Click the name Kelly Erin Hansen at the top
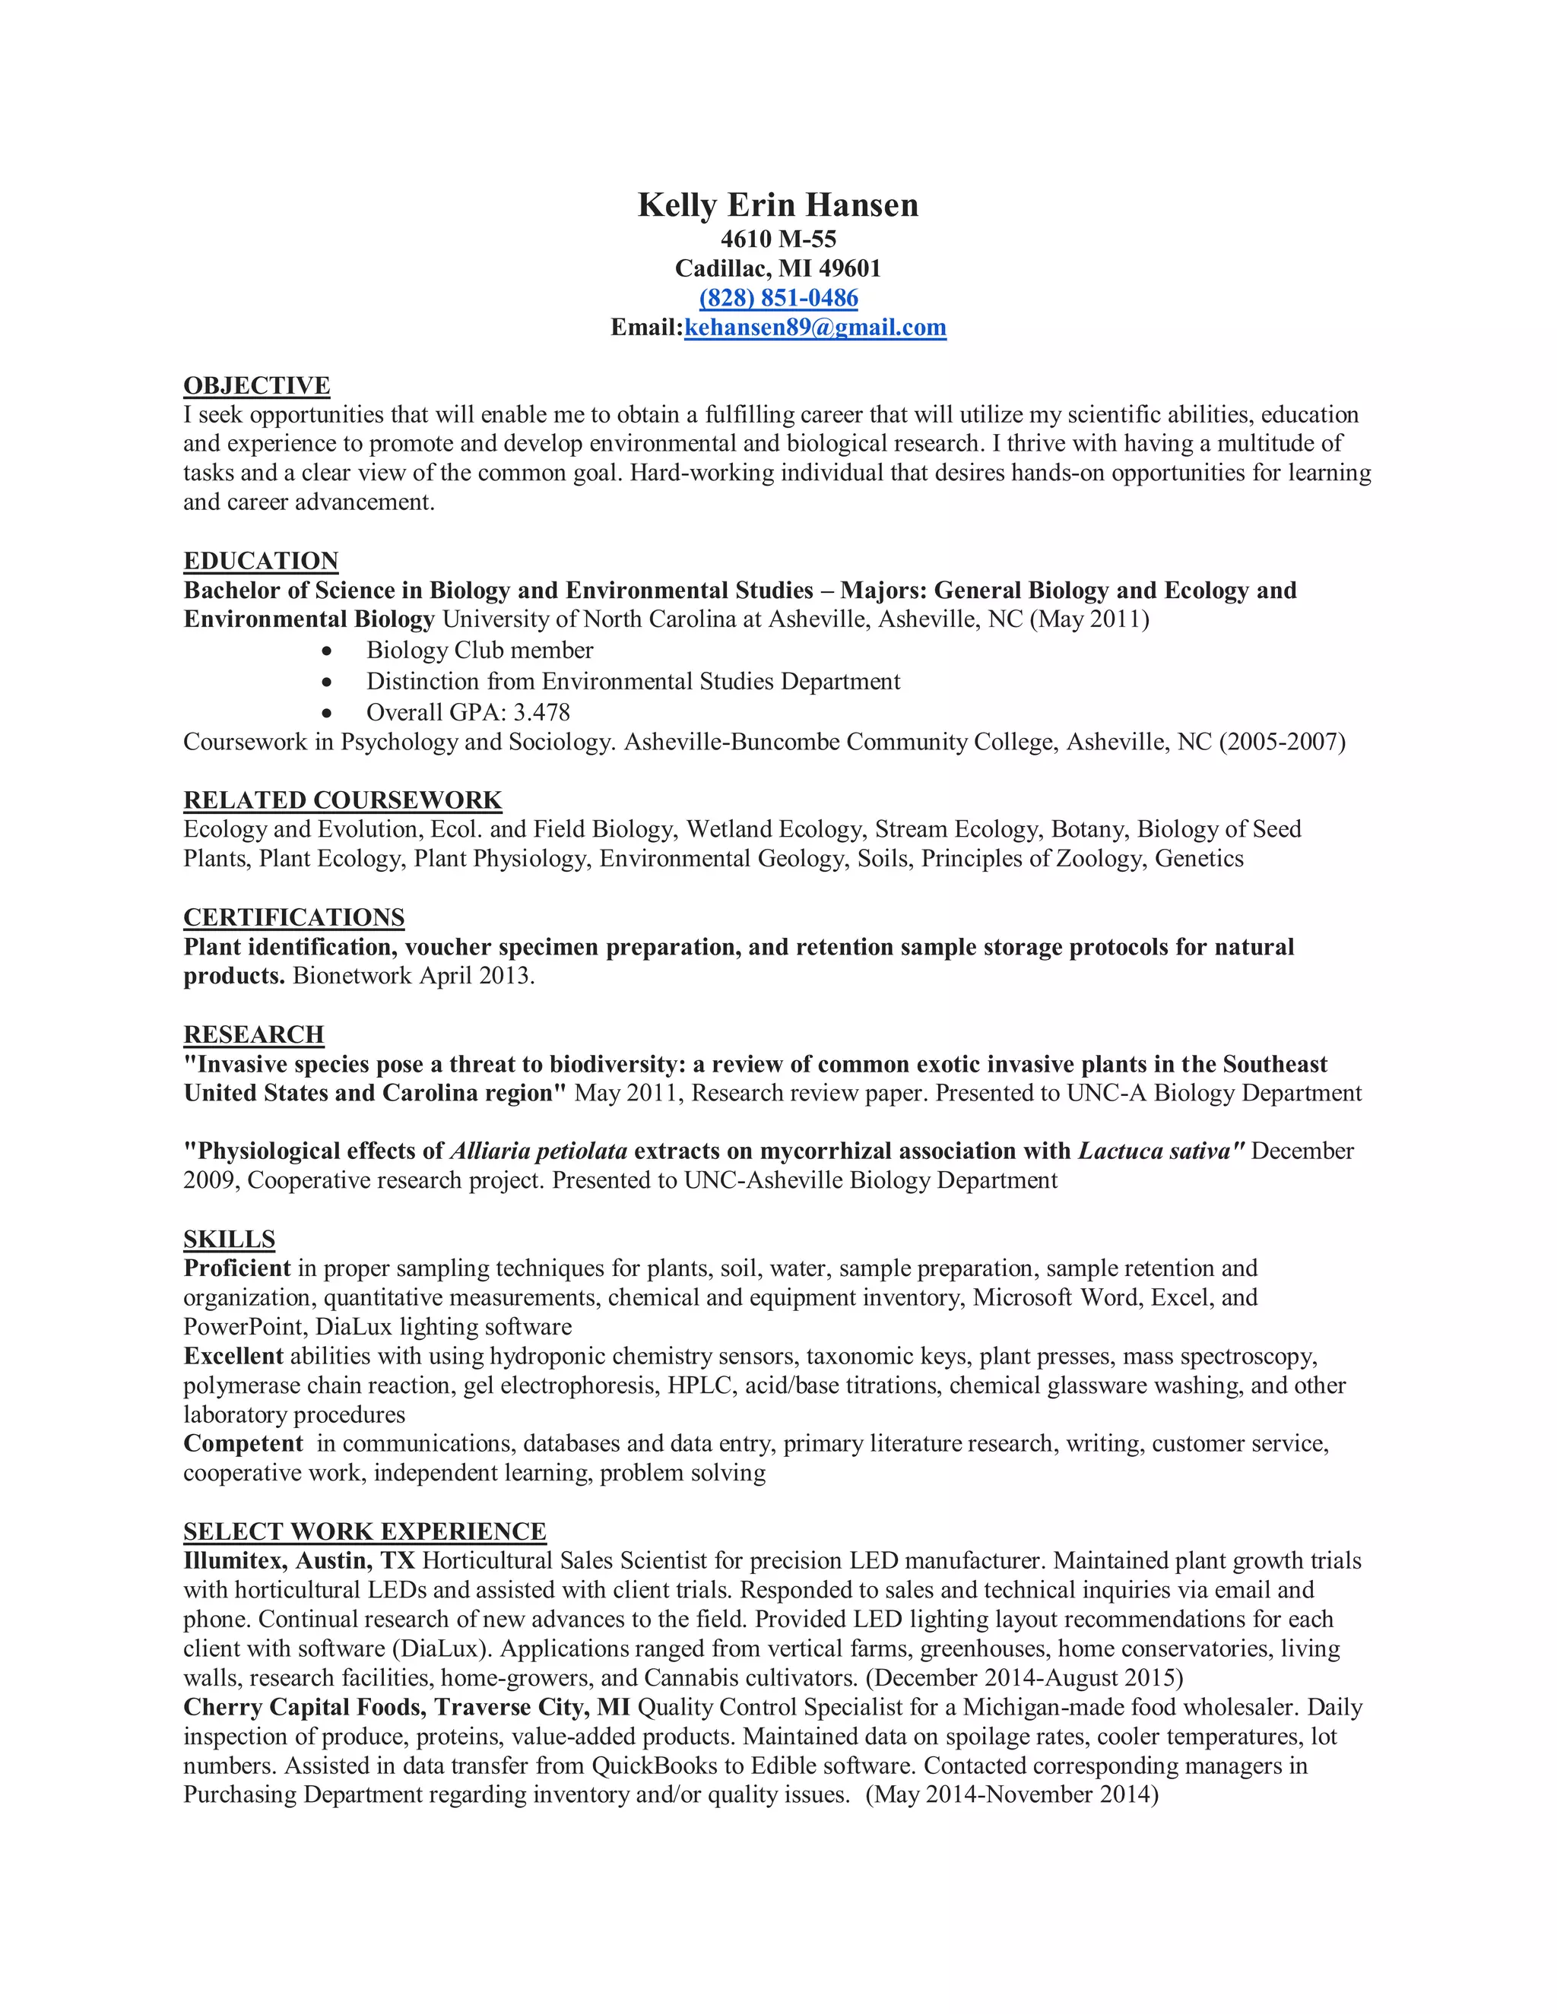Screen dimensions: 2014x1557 pyautogui.click(x=778, y=204)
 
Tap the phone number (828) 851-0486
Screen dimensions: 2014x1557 pyautogui.click(x=778, y=298)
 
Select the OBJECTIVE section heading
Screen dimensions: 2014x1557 pyautogui.click(x=256, y=385)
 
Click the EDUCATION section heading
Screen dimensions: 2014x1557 pyautogui.click(x=261, y=561)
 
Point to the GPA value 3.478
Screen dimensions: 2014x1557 pyautogui.click(x=541, y=712)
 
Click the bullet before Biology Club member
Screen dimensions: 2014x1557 pyautogui.click(x=328, y=651)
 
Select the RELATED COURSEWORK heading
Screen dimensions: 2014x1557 pyautogui.click(x=342, y=800)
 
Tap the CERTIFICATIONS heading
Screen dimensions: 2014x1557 pyautogui.click(x=293, y=917)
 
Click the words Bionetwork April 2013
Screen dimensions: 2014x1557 pyautogui.click(x=414, y=976)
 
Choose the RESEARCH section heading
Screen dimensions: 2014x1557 pyautogui.click(x=254, y=1034)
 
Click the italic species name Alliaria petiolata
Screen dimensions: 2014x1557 pyautogui.click(x=539, y=1151)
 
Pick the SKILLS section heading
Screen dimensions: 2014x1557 pyautogui.click(x=229, y=1239)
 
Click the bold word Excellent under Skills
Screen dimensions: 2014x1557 pyautogui.click(x=233, y=1356)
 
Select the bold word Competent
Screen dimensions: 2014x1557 pyautogui.click(x=243, y=1443)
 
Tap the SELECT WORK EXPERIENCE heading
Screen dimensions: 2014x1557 pyautogui.click(x=364, y=1531)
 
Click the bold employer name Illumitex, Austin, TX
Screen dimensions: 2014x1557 pyautogui.click(x=299, y=1560)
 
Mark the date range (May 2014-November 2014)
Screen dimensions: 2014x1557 pyautogui.click(x=1011, y=1794)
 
